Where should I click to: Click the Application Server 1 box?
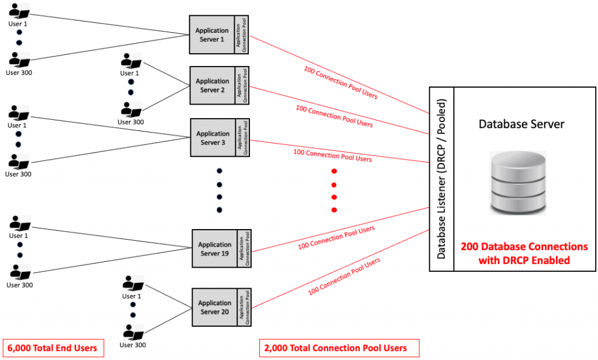tap(212, 34)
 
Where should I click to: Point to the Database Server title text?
tap(514, 124)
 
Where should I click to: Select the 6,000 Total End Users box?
tap(51, 348)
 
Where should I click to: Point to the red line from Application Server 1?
tap(339, 72)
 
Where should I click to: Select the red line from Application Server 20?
tap(339, 269)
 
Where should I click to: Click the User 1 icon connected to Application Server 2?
tap(130, 61)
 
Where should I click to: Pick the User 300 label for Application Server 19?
tap(19, 285)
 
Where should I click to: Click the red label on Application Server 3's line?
tap(332, 155)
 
